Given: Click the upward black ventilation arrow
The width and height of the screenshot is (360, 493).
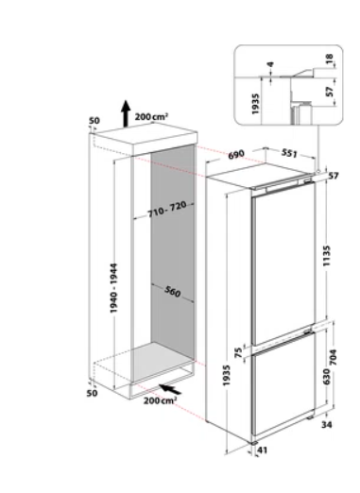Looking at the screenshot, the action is coord(126,113).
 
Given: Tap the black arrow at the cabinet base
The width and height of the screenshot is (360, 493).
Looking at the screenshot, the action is coord(170,389).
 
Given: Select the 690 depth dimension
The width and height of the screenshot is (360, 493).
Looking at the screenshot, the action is coord(236,154).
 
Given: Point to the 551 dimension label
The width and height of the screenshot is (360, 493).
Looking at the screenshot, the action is coord(289,153).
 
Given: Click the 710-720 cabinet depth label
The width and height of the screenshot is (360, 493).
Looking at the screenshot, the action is coord(167,209).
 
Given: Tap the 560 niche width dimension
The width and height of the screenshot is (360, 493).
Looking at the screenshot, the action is coord(173,292).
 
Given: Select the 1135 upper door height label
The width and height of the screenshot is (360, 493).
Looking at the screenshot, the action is coord(327,256).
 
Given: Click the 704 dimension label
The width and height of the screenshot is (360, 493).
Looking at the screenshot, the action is coord(334,357).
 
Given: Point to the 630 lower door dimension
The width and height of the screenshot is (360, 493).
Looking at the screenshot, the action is coord(326,377).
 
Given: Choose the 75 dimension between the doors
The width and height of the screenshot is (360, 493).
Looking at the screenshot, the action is coord(239,352).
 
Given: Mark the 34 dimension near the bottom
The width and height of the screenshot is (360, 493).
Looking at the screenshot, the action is coord(327,424).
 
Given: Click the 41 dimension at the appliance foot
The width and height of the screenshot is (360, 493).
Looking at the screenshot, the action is coord(263,450).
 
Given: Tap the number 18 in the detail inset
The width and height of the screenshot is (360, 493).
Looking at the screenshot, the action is coord(329,58).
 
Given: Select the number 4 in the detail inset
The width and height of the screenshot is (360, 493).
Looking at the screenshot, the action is coord(270,64).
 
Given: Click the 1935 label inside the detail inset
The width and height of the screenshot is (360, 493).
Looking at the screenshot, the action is coord(255,104).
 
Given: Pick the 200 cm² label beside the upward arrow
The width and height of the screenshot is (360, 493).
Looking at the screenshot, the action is coord(151,117).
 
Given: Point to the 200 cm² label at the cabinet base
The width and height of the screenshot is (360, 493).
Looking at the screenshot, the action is coord(160,400).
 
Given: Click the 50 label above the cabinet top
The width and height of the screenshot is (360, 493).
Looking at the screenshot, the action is coord(94,121).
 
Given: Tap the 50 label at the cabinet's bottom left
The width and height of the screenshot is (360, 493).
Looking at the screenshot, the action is coord(92,393).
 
